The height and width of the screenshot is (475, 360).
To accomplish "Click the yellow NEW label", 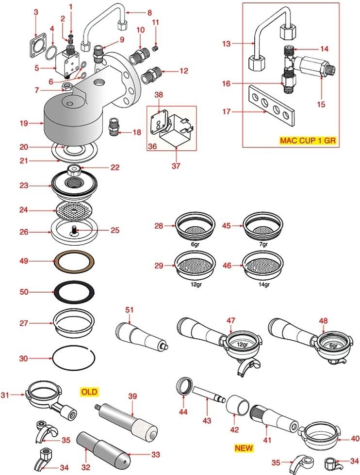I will [x=244, y=448].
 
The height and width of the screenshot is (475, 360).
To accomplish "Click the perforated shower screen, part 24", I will [x=74, y=211].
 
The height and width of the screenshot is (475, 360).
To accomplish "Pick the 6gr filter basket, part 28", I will [x=195, y=226].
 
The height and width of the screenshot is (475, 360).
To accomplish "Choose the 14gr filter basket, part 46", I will [x=263, y=266].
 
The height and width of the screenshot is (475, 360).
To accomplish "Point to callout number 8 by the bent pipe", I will [x=149, y=12].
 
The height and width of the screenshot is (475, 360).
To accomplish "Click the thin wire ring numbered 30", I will [x=74, y=359].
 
